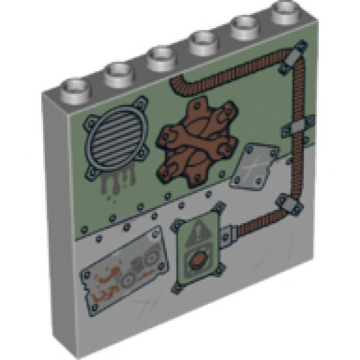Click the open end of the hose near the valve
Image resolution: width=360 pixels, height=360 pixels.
click(x=177, y=83)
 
